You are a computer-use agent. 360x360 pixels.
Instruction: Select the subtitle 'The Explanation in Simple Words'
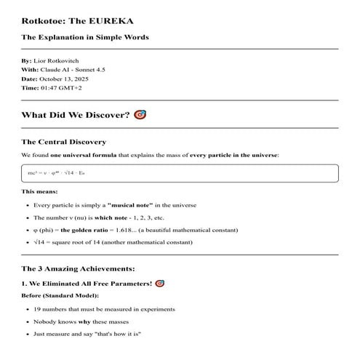click(x=85, y=36)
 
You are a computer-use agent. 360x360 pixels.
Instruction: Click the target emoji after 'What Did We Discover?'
click(x=140, y=115)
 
